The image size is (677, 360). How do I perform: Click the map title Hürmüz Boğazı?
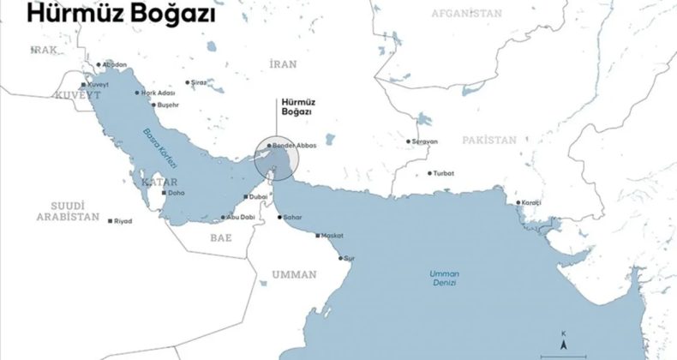(x=120, y=15)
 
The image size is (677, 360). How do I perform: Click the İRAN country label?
(x=282, y=64)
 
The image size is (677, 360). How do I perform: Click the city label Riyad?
(x=123, y=221)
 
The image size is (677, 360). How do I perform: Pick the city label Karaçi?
(x=532, y=204)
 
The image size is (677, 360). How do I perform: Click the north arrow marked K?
(x=564, y=340)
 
